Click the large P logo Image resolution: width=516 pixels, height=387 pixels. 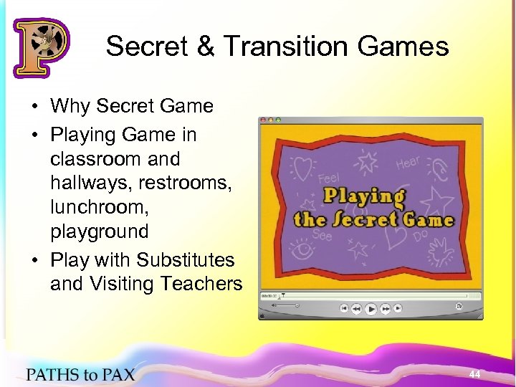pyautogui.click(x=41, y=48)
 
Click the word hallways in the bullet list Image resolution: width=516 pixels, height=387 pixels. pyautogui.click(x=81, y=183)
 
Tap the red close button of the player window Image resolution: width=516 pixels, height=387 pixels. pyautogui.click(x=263, y=119)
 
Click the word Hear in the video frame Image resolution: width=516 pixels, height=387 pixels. pyautogui.click(x=408, y=164)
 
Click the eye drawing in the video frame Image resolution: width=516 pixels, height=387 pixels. pyautogui.click(x=301, y=250)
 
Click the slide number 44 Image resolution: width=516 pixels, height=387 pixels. pyautogui.click(x=474, y=374)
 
